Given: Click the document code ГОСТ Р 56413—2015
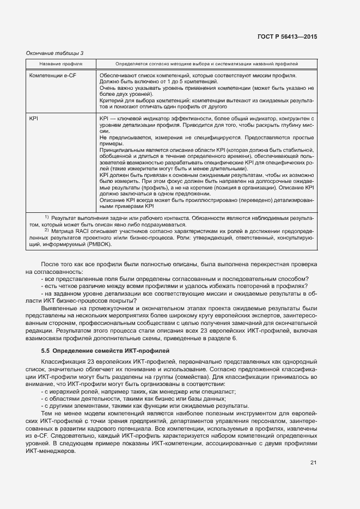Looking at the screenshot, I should coord(288,36).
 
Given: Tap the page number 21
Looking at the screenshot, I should coord(313,463).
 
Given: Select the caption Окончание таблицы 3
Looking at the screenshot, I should coord(55,53).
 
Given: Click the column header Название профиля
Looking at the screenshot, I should coord(60,64).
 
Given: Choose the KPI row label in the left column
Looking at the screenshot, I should coord(34,118).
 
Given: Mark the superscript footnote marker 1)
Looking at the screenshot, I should coord(47,217).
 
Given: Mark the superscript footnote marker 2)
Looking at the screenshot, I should coord(47,230).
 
